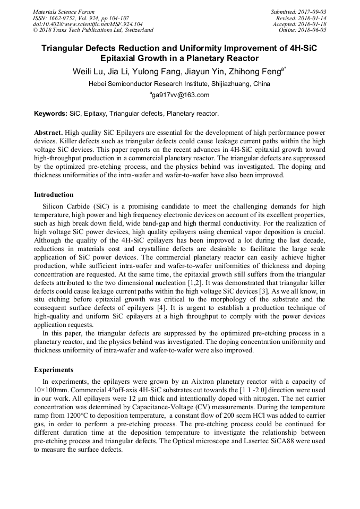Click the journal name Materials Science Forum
click(x=64, y=12)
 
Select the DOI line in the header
click(x=88, y=24)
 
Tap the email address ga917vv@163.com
click(x=180, y=95)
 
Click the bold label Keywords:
click(x=51, y=114)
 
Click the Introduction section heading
click(x=54, y=195)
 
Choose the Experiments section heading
click(x=54, y=369)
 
